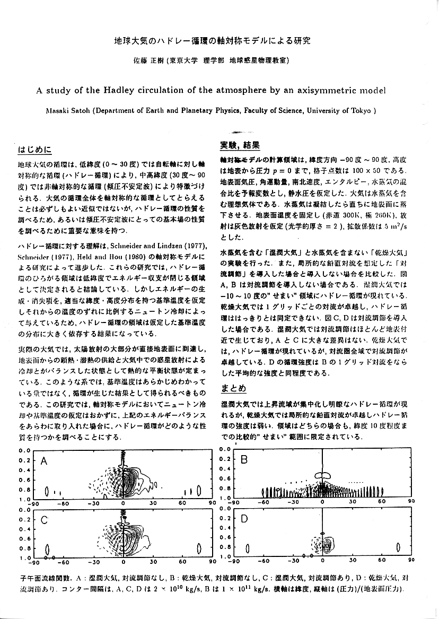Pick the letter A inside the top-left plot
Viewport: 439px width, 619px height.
[45, 463]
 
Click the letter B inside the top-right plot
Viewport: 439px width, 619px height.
[244, 460]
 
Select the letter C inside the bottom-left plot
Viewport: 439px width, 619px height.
[45, 520]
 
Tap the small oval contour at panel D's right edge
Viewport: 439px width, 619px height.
[398, 547]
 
